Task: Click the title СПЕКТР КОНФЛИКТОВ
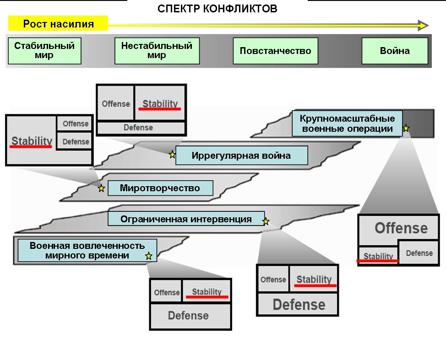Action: (217, 9)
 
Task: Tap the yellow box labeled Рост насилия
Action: (58, 24)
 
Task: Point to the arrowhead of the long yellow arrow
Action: (423, 25)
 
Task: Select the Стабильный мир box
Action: (44, 50)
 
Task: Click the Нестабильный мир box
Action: (157, 50)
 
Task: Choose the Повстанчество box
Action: (275, 50)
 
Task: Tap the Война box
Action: (395, 50)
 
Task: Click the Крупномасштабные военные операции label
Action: (347, 124)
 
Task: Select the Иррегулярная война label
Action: (241, 156)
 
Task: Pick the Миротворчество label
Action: (160, 188)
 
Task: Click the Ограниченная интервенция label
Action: (186, 219)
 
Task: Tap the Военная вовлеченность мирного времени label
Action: (87, 251)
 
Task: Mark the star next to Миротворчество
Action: (101, 188)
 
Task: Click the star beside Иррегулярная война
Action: (172, 155)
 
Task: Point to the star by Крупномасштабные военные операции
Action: (406, 129)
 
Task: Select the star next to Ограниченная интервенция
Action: (266, 222)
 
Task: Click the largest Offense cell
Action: (401, 228)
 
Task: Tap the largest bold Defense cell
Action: (299, 304)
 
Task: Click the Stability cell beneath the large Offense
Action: (378, 256)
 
